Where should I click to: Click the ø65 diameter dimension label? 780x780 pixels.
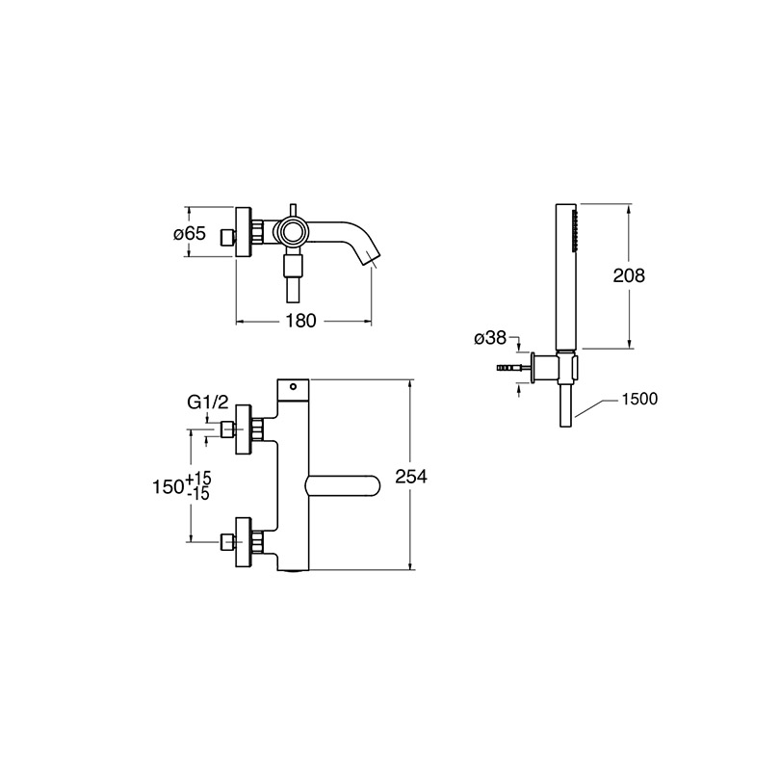(x=190, y=233)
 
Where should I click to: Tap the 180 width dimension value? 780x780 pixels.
(x=300, y=321)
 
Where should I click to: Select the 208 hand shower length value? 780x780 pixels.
(x=629, y=275)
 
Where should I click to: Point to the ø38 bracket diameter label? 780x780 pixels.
(x=490, y=338)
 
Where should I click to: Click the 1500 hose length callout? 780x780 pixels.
(x=639, y=399)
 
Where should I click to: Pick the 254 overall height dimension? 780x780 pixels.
(x=411, y=477)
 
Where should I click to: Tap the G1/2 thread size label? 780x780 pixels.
(x=208, y=402)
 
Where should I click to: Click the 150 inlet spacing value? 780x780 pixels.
(x=169, y=487)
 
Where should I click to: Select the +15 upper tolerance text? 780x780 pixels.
(x=198, y=479)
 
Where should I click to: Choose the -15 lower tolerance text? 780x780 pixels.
(x=198, y=494)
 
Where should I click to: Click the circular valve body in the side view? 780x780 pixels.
(x=291, y=231)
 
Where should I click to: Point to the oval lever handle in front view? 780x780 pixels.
(x=342, y=486)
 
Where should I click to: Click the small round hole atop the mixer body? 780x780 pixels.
(x=293, y=386)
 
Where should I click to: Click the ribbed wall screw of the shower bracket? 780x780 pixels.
(x=509, y=369)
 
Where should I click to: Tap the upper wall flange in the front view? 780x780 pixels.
(x=244, y=429)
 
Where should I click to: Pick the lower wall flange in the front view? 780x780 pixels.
(x=244, y=541)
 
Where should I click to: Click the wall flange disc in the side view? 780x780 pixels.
(x=244, y=232)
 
